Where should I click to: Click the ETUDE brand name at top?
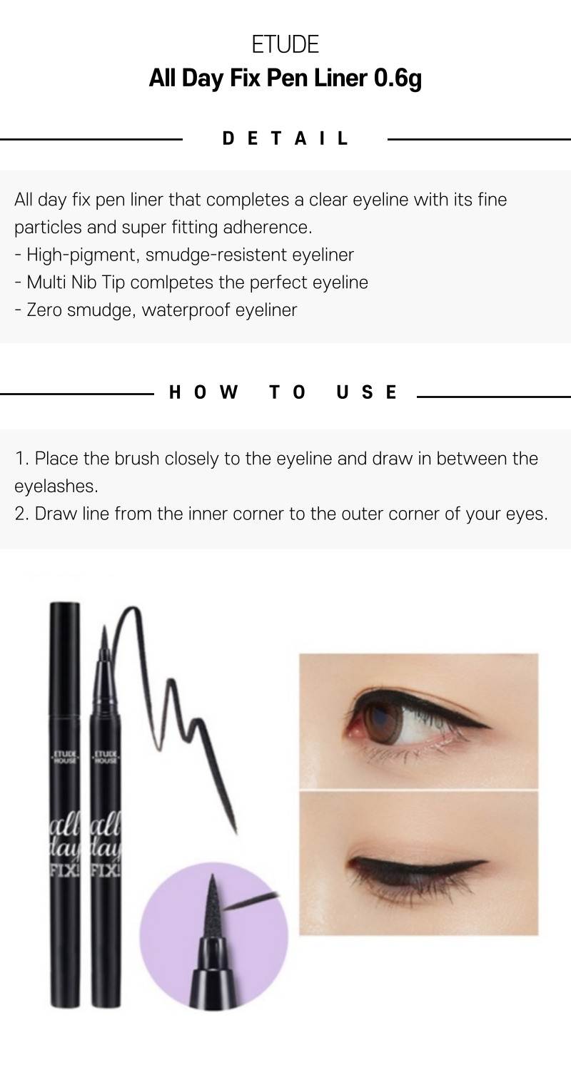click(x=285, y=44)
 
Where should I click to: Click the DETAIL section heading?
click(x=285, y=138)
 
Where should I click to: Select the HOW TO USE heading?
click(x=283, y=392)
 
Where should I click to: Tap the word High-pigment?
click(x=83, y=255)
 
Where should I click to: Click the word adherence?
click(x=267, y=228)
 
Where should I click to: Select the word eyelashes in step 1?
click(x=56, y=486)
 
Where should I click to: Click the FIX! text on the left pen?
click(x=64, y=870)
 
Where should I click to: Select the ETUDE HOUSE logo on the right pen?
click(x=105, y=757)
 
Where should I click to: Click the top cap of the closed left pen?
click(x=65, y=659)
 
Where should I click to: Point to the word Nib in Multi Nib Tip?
click(x=84, y=282)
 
